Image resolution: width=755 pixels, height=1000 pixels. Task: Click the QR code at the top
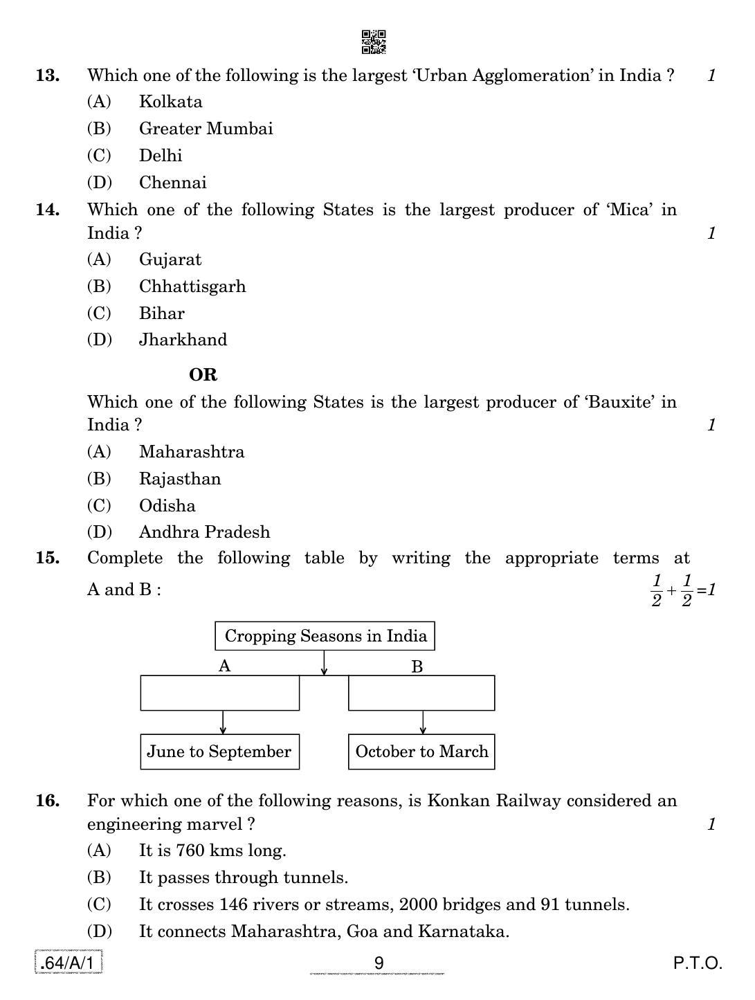[374, 42]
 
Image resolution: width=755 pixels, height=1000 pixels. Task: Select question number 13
[48, 75]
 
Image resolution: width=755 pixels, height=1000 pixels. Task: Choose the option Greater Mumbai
[206, 129]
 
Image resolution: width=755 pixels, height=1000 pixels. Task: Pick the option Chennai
[172, 183]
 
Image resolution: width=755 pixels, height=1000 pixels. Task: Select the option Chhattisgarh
[192, 287]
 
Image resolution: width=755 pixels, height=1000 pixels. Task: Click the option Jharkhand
[183, 340]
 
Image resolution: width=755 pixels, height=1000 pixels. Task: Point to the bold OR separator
[203, 375]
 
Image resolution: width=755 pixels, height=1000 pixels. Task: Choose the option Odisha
[167, 506]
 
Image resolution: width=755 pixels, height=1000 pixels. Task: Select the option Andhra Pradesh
[204, 532]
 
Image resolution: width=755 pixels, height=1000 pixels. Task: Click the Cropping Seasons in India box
[325, 636]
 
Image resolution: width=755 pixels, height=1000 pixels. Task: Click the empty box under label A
[220, 693]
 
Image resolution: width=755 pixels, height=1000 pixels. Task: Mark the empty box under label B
[421, 693]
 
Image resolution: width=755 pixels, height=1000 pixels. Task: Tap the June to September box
[220, 752]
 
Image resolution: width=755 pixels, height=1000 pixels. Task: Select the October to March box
[421, 752]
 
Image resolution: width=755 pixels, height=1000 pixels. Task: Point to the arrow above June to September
[223, 722]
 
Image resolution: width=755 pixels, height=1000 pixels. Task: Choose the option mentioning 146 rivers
[384, 904]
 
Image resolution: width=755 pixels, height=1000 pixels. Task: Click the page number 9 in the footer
[379, 963]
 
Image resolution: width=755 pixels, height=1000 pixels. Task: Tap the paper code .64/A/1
[69, 963]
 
